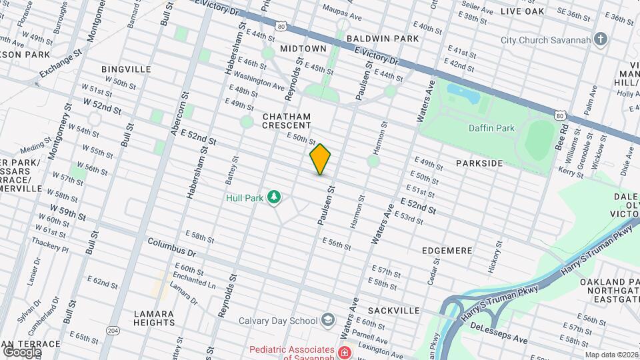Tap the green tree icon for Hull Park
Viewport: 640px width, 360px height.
tap(273, 197)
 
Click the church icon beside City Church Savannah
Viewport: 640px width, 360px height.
tap(601, 39)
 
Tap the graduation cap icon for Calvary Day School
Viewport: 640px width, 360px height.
tap(327, 321)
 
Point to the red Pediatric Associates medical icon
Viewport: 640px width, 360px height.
tap(344, 351)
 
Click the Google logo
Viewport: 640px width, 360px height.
tap(22, 351)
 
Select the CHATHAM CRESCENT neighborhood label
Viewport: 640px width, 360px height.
tap(287, 121)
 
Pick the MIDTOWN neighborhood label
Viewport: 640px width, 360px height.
tap(303, 49)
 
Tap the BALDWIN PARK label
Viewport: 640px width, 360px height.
tap(382, 39)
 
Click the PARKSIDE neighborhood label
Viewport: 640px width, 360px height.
tap(479, 163)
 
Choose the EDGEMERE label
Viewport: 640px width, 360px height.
tap(447, 251)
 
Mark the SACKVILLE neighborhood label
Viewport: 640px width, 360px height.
tap(393, 311)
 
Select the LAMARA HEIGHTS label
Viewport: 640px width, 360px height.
tap(154, 318)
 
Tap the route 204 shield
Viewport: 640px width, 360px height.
tap(113, 330)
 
